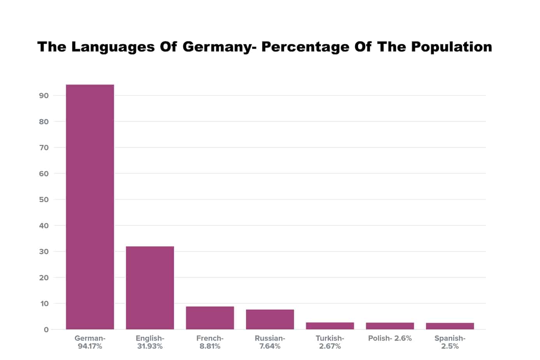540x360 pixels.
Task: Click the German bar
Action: tap(90, 206)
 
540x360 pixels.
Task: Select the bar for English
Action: tap(150, 288)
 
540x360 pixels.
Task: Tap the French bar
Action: tap(210, 318)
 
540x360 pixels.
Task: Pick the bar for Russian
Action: tap(270, 319)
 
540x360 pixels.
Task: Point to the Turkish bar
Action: tap(330, 326)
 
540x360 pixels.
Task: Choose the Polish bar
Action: tap(390, 326)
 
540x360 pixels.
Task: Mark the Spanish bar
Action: tap(450, 326)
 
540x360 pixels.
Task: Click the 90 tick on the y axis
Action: tap(44, 95)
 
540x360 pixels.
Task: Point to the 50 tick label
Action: tap(44, 199)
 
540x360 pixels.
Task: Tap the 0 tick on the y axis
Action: tap(46, 330)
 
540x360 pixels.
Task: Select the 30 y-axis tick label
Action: tap(44, 252)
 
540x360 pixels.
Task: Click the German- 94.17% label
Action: tap(90, 342)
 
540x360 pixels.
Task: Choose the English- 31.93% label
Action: tap(150, 342)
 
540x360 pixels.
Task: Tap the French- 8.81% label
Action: tap(210, 342)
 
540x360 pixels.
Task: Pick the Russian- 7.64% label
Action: tap(270, 342)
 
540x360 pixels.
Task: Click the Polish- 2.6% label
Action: tap(390, 338)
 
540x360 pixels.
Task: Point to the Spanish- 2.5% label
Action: tap(450, 342)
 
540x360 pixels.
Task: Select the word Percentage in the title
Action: tap(305, 47)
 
